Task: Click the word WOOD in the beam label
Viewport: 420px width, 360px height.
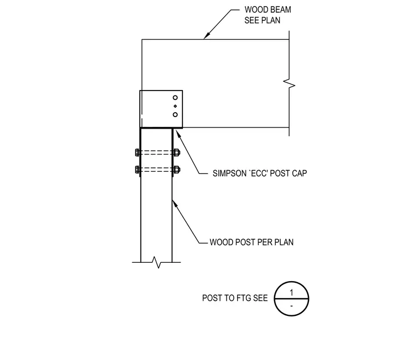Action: click(x=254, y=9)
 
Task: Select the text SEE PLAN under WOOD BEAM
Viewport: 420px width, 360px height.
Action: click(x=262, y=20)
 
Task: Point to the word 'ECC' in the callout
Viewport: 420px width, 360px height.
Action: click(x=258, y=173)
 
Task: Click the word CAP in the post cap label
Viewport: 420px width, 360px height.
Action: click(x=300, y=173)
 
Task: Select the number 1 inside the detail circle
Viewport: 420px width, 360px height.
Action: click(x=291, y=293)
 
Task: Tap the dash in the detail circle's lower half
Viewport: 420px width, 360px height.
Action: click(x=291, y=306)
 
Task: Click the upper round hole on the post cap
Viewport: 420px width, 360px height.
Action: click(x=175, y=98)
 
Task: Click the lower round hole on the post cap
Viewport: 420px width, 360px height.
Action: click(x=175, y=114)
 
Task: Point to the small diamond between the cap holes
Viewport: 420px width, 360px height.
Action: click(x=175, y=106)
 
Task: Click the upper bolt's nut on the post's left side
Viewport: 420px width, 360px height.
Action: click(x=138, y=152)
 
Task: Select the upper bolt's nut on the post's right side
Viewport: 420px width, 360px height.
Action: click(x=176, y=152)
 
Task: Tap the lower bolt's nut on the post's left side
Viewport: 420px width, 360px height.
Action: click(x=138, y=170)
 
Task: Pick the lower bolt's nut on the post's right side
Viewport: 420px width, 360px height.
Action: click(x=176, y=170)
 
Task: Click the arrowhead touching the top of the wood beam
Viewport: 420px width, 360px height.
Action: click(x=206, y=36)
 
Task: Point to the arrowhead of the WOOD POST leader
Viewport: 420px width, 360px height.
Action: click(x=175, y=204)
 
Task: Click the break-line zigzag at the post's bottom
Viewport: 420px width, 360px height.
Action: click(x=157, y=262)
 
